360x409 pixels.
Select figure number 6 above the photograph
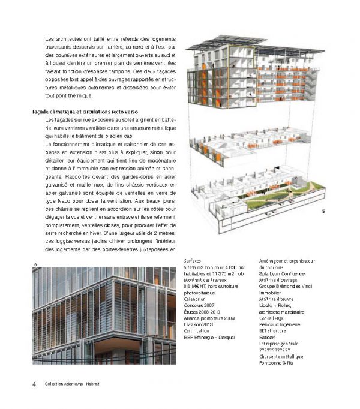click(36, 264)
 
